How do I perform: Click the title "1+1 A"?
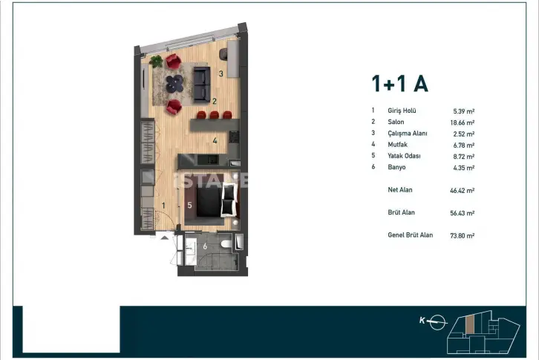pos(399,84)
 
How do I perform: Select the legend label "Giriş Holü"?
pos(402,111)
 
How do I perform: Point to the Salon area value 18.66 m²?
pos(463,122)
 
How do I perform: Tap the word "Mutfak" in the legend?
pos(397,145)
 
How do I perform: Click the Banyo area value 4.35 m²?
pos(464,168)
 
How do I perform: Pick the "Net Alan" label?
pos(399,190)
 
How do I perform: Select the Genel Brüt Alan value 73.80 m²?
pos(463,236)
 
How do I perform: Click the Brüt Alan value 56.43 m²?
pos(463,213)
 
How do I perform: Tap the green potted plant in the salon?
pos(157,61)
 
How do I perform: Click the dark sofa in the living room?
pos(202,84)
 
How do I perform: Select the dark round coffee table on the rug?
pos(174,84)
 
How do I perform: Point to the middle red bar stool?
pos(214,115)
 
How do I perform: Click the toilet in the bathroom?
pos(226,244)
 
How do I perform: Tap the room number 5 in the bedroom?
pos(189,206)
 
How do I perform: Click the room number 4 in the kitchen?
pos(215,140)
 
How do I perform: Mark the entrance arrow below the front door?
pos(165,238)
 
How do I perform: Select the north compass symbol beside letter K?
pos(437,322)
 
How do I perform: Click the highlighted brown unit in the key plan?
pos(470,324)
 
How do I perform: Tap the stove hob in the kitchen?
pos(234,137)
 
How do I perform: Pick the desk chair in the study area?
pos(223,53)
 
